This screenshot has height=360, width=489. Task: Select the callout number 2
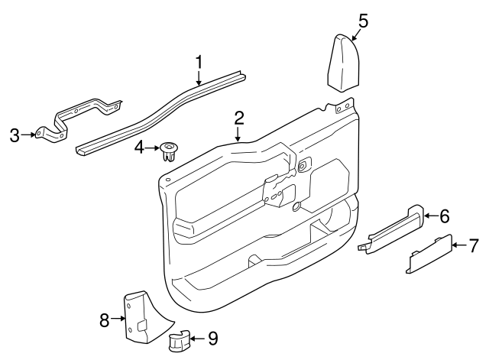[239, 117]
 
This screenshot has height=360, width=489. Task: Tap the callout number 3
[14, 136]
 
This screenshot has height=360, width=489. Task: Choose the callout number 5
[363, 21]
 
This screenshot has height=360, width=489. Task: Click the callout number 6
[444, 216]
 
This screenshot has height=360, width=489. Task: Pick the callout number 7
[474, 245]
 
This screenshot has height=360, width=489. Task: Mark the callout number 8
[105, 319]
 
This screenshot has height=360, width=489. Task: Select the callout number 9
[212, 336]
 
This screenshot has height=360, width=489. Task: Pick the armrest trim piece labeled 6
[393, 230]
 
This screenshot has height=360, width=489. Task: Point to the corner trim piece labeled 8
[138, 311]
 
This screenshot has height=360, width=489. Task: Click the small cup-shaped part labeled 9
[180, 342]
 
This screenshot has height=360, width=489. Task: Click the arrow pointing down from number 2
[239, 134]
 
